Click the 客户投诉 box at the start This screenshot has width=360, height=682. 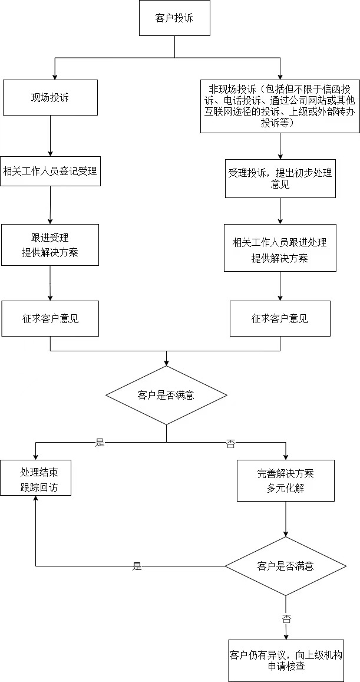174,18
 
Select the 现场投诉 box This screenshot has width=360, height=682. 50,98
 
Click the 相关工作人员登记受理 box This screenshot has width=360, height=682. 50,172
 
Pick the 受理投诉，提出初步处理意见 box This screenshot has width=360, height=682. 280,179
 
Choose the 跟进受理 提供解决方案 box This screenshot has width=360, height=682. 50,245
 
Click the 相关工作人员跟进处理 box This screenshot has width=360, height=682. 280,248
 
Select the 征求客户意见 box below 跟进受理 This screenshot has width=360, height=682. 50,319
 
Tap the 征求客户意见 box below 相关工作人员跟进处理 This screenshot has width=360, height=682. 280,319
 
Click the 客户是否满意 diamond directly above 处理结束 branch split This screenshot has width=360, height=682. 166,395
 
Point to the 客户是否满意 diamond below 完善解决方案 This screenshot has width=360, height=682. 286,566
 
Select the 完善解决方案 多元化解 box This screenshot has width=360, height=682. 286,480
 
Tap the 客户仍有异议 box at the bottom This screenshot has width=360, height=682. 286,660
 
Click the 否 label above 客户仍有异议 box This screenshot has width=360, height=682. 286,619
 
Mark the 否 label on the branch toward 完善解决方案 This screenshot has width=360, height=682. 230,444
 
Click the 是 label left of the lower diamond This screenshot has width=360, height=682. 137,566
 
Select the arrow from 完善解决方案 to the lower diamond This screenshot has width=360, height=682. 286,519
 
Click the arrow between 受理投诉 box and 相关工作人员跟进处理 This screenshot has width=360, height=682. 280,210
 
